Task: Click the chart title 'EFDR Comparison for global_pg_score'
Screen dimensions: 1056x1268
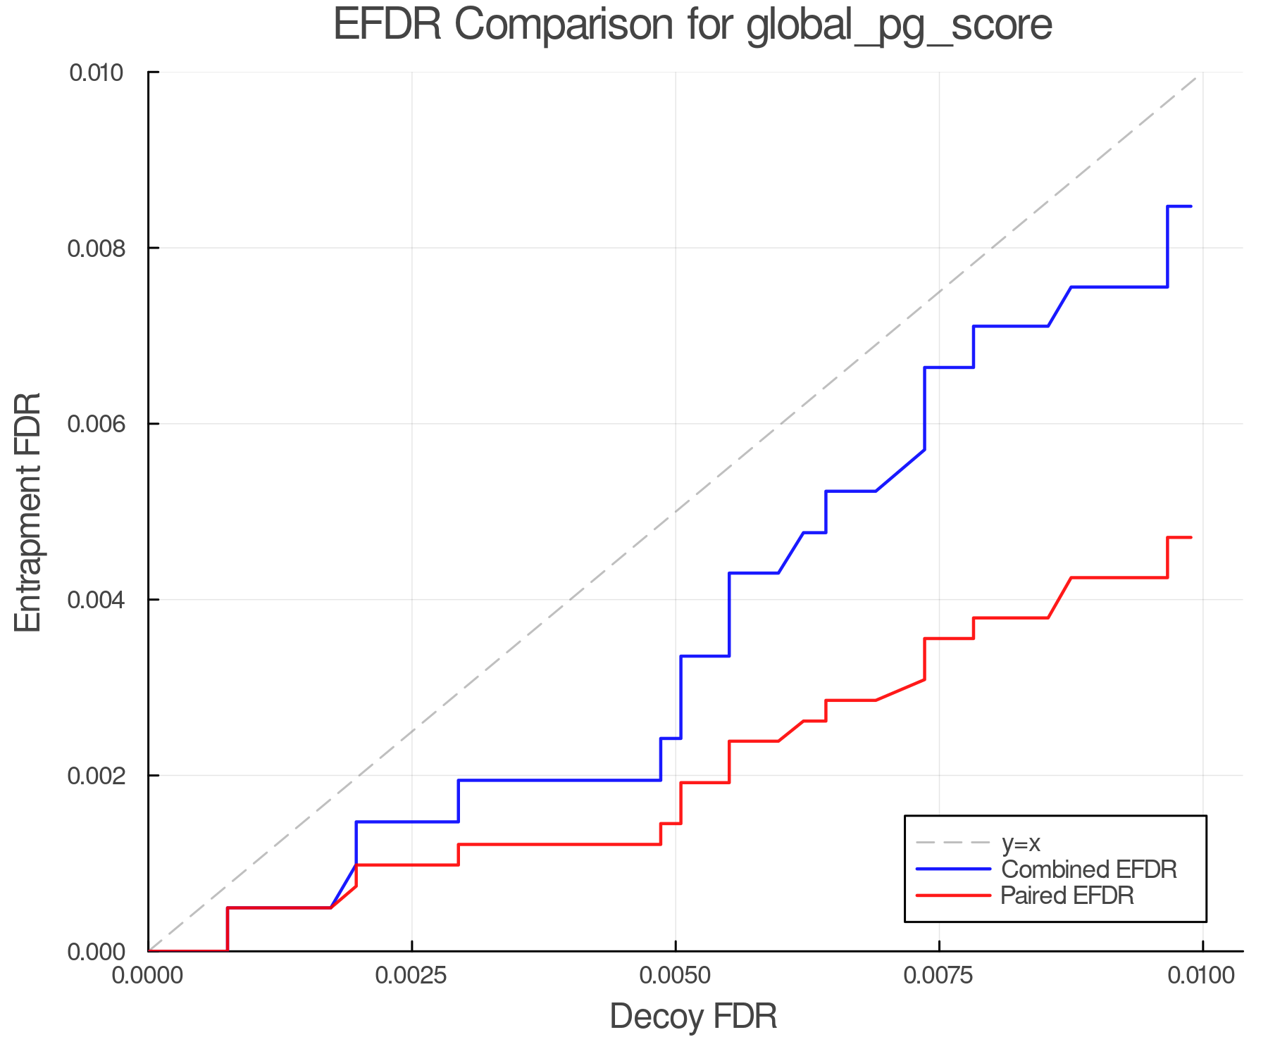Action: coord(692,25)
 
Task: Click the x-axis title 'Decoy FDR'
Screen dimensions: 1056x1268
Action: coord(693,1017)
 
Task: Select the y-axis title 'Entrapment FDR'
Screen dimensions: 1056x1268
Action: coord(29,512)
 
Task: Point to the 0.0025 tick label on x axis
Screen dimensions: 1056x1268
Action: coord(411,976)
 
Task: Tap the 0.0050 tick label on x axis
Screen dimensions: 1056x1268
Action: coord(676,976)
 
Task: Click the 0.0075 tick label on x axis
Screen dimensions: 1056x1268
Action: coord(939,976)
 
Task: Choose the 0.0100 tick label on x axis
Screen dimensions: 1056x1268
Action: coord(1202,976)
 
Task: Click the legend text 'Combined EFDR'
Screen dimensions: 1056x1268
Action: coord(1088,869)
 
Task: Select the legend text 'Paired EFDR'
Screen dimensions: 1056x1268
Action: coord(1067,895)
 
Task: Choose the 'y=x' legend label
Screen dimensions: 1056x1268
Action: coord(1021,843)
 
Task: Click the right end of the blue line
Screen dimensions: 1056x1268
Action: coord(1191,206)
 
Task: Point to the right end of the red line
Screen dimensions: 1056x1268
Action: coord(1191,538)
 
